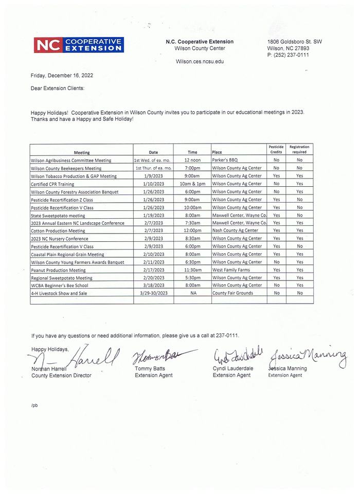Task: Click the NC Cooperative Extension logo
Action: click(79, 45)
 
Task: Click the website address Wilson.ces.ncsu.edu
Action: click(200, 61)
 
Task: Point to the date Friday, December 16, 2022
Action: click(62, 75)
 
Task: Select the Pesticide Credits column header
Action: click(276, 149)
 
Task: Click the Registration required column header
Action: click(299, 149)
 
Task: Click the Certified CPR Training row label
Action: click(52, 184)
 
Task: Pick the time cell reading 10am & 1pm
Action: click(192, 184)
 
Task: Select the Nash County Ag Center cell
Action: click(235, 231)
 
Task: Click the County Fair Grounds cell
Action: click(233, 293)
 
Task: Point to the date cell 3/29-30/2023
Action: click(153, 293)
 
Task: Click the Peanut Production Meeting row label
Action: click(58, 270)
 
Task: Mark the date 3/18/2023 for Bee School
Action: click(153, 285)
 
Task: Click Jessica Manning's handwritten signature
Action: click(308, 356)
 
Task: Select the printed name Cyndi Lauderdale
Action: click(235, 369)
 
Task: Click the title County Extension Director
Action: click(61, 376)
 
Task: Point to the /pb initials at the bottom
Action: click(34, 405)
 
